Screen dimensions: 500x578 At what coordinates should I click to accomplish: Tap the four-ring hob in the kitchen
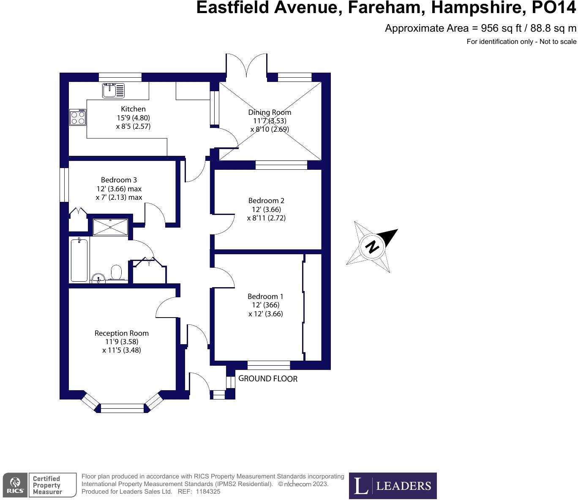(78, 117)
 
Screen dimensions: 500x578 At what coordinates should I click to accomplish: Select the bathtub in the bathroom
(79, 260)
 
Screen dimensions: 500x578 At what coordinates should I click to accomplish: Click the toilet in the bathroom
(116, 272)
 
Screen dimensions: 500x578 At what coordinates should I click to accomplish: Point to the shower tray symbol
(110, 227)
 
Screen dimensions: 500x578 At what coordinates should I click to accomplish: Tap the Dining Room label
(270, 112)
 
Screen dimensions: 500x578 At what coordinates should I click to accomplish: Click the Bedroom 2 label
(266, 201)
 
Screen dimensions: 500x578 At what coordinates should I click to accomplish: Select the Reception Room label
(122, 333)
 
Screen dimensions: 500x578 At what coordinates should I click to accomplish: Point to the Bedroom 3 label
(119, 180)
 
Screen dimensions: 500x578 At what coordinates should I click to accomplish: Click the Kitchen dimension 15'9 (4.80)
(133, 118)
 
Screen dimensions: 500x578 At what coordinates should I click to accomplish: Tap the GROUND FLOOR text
(268, 379)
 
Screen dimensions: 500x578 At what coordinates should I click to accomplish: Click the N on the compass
(372, 246)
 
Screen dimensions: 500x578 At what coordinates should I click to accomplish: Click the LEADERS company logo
(393, 486)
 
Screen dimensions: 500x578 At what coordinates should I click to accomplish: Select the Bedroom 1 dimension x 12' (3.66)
(266, 314)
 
